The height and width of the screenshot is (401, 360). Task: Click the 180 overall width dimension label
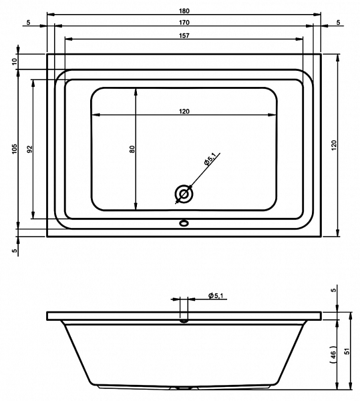point(184,11)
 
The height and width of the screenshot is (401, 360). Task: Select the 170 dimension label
point(184,23)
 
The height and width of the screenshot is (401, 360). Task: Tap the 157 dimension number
point(184,35)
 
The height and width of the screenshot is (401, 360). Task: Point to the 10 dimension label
point(15,61)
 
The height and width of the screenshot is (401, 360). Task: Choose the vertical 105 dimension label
point(15,149)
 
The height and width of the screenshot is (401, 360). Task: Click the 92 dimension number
point(30,149)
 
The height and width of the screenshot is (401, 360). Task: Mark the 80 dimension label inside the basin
point(132,149)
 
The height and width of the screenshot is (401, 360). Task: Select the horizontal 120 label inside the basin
point(184,111)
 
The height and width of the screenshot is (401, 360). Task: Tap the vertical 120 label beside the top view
point(334,145)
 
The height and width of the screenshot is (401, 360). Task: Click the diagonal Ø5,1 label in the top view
point(210,159)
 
